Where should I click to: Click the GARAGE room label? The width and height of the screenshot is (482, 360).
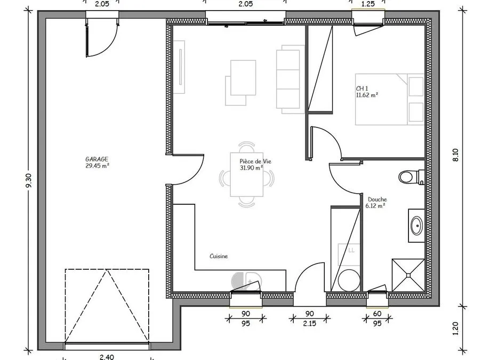97,159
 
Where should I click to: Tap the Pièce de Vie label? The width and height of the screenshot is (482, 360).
255,162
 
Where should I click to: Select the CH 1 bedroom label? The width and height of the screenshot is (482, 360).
362,89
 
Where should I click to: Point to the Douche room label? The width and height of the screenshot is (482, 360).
377,199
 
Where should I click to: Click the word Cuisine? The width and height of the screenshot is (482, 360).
219,256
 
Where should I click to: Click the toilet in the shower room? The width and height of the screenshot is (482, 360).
412,177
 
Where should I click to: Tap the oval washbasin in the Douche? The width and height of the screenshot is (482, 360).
417,226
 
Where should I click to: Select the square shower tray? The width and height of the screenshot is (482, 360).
408,275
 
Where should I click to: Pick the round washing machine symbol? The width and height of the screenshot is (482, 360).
349,280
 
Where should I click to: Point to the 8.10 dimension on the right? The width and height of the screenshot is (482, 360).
455,155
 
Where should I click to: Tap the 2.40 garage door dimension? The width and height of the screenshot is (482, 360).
107,357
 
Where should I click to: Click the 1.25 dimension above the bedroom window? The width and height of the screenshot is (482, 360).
368,4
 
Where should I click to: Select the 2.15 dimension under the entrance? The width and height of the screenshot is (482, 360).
309,323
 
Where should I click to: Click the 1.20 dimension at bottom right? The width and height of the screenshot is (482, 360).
455,329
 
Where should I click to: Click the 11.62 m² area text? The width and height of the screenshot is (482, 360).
367,95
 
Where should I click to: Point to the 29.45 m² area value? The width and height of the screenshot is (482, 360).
98,166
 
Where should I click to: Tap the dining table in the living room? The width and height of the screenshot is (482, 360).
246,174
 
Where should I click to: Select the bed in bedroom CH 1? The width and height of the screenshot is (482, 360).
390,99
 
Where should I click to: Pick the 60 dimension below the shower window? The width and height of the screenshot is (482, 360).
377,314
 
